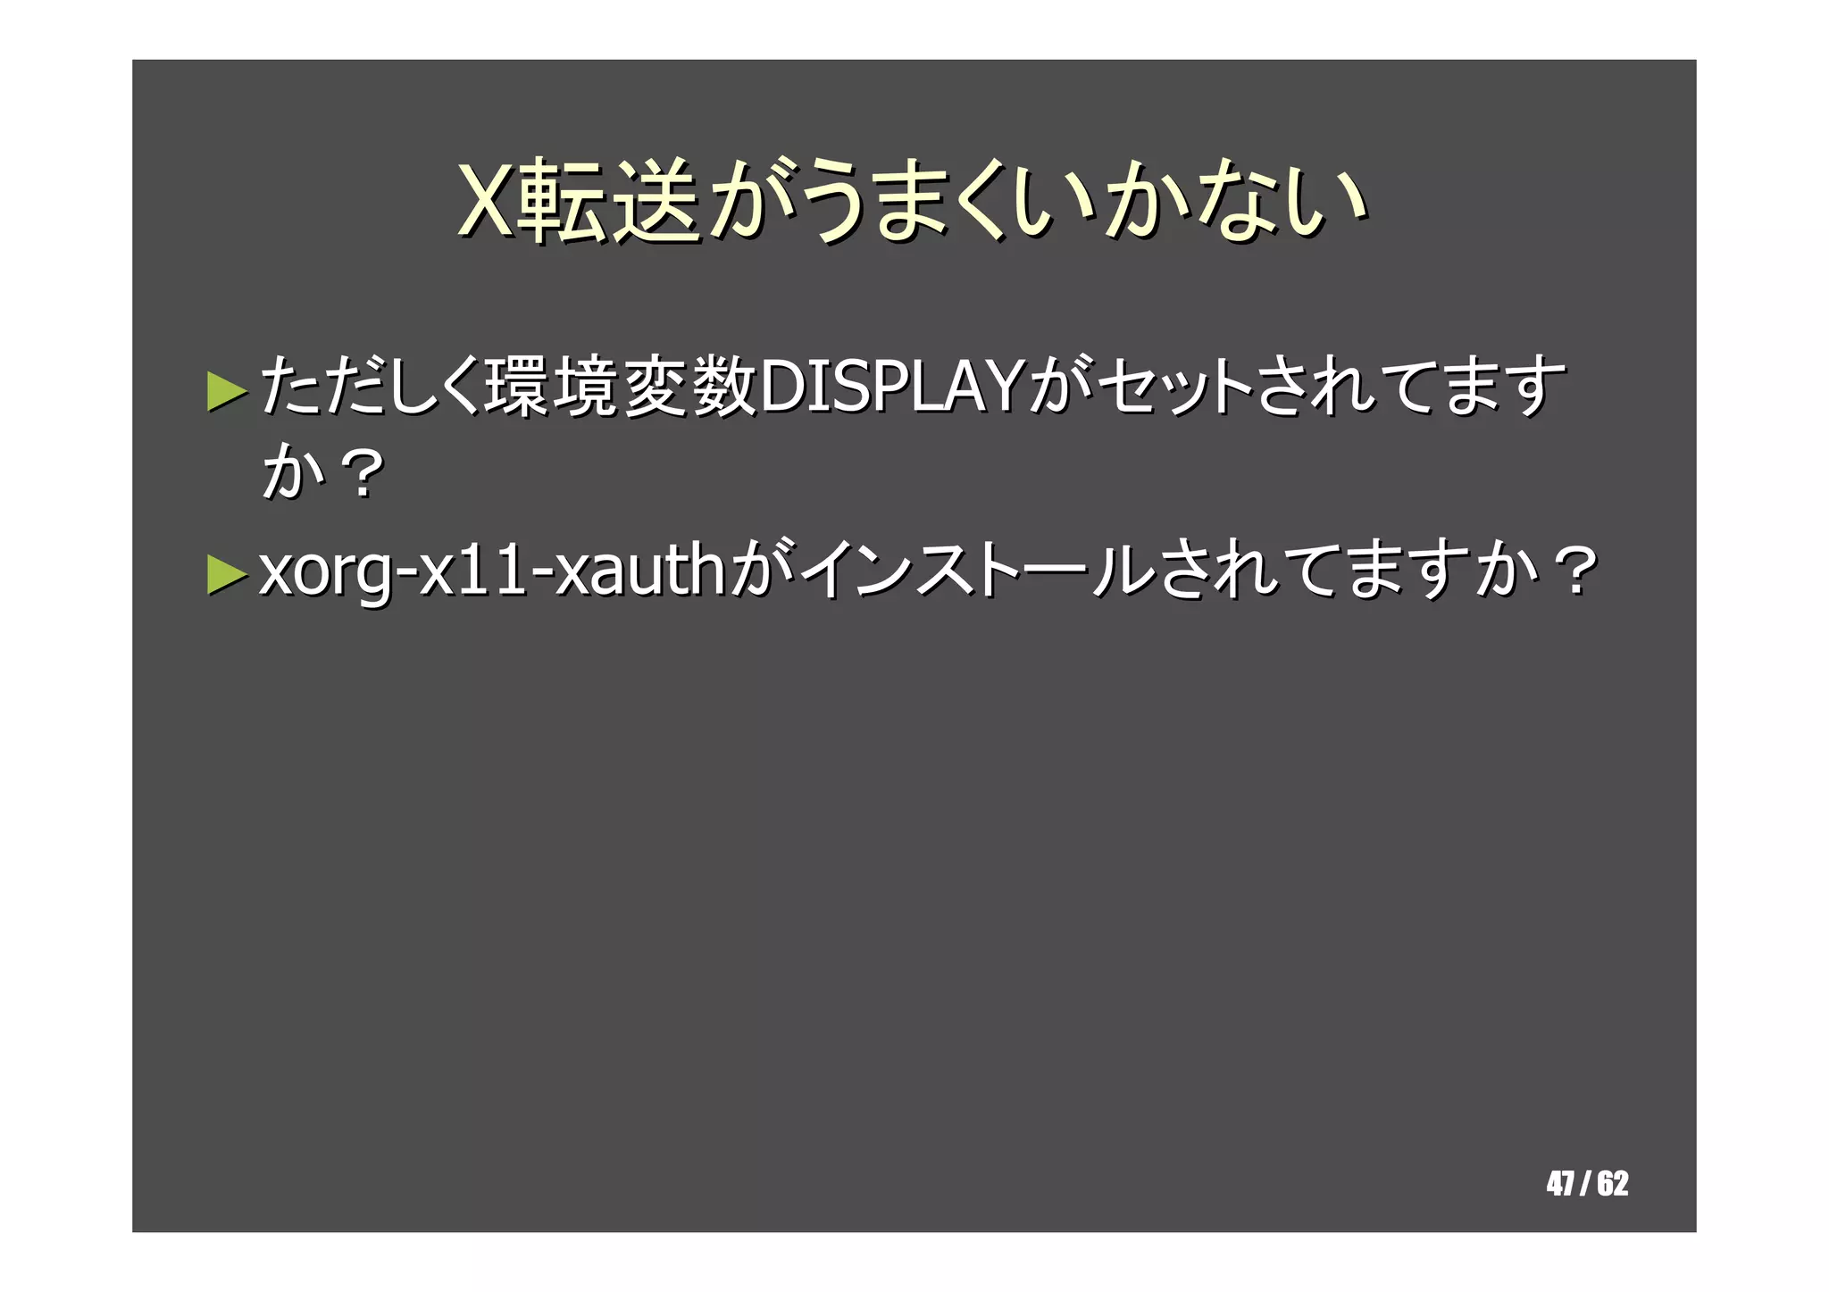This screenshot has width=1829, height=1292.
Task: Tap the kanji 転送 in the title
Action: [609, 202]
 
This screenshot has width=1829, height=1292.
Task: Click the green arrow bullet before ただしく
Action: [227, 390]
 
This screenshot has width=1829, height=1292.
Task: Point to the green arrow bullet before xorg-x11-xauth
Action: [227, 574]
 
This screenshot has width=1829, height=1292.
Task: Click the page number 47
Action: [1560, 1184]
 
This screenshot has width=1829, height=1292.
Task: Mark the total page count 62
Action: [1613, 1184]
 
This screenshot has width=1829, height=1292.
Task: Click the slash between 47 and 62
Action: [1585, 1184]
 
